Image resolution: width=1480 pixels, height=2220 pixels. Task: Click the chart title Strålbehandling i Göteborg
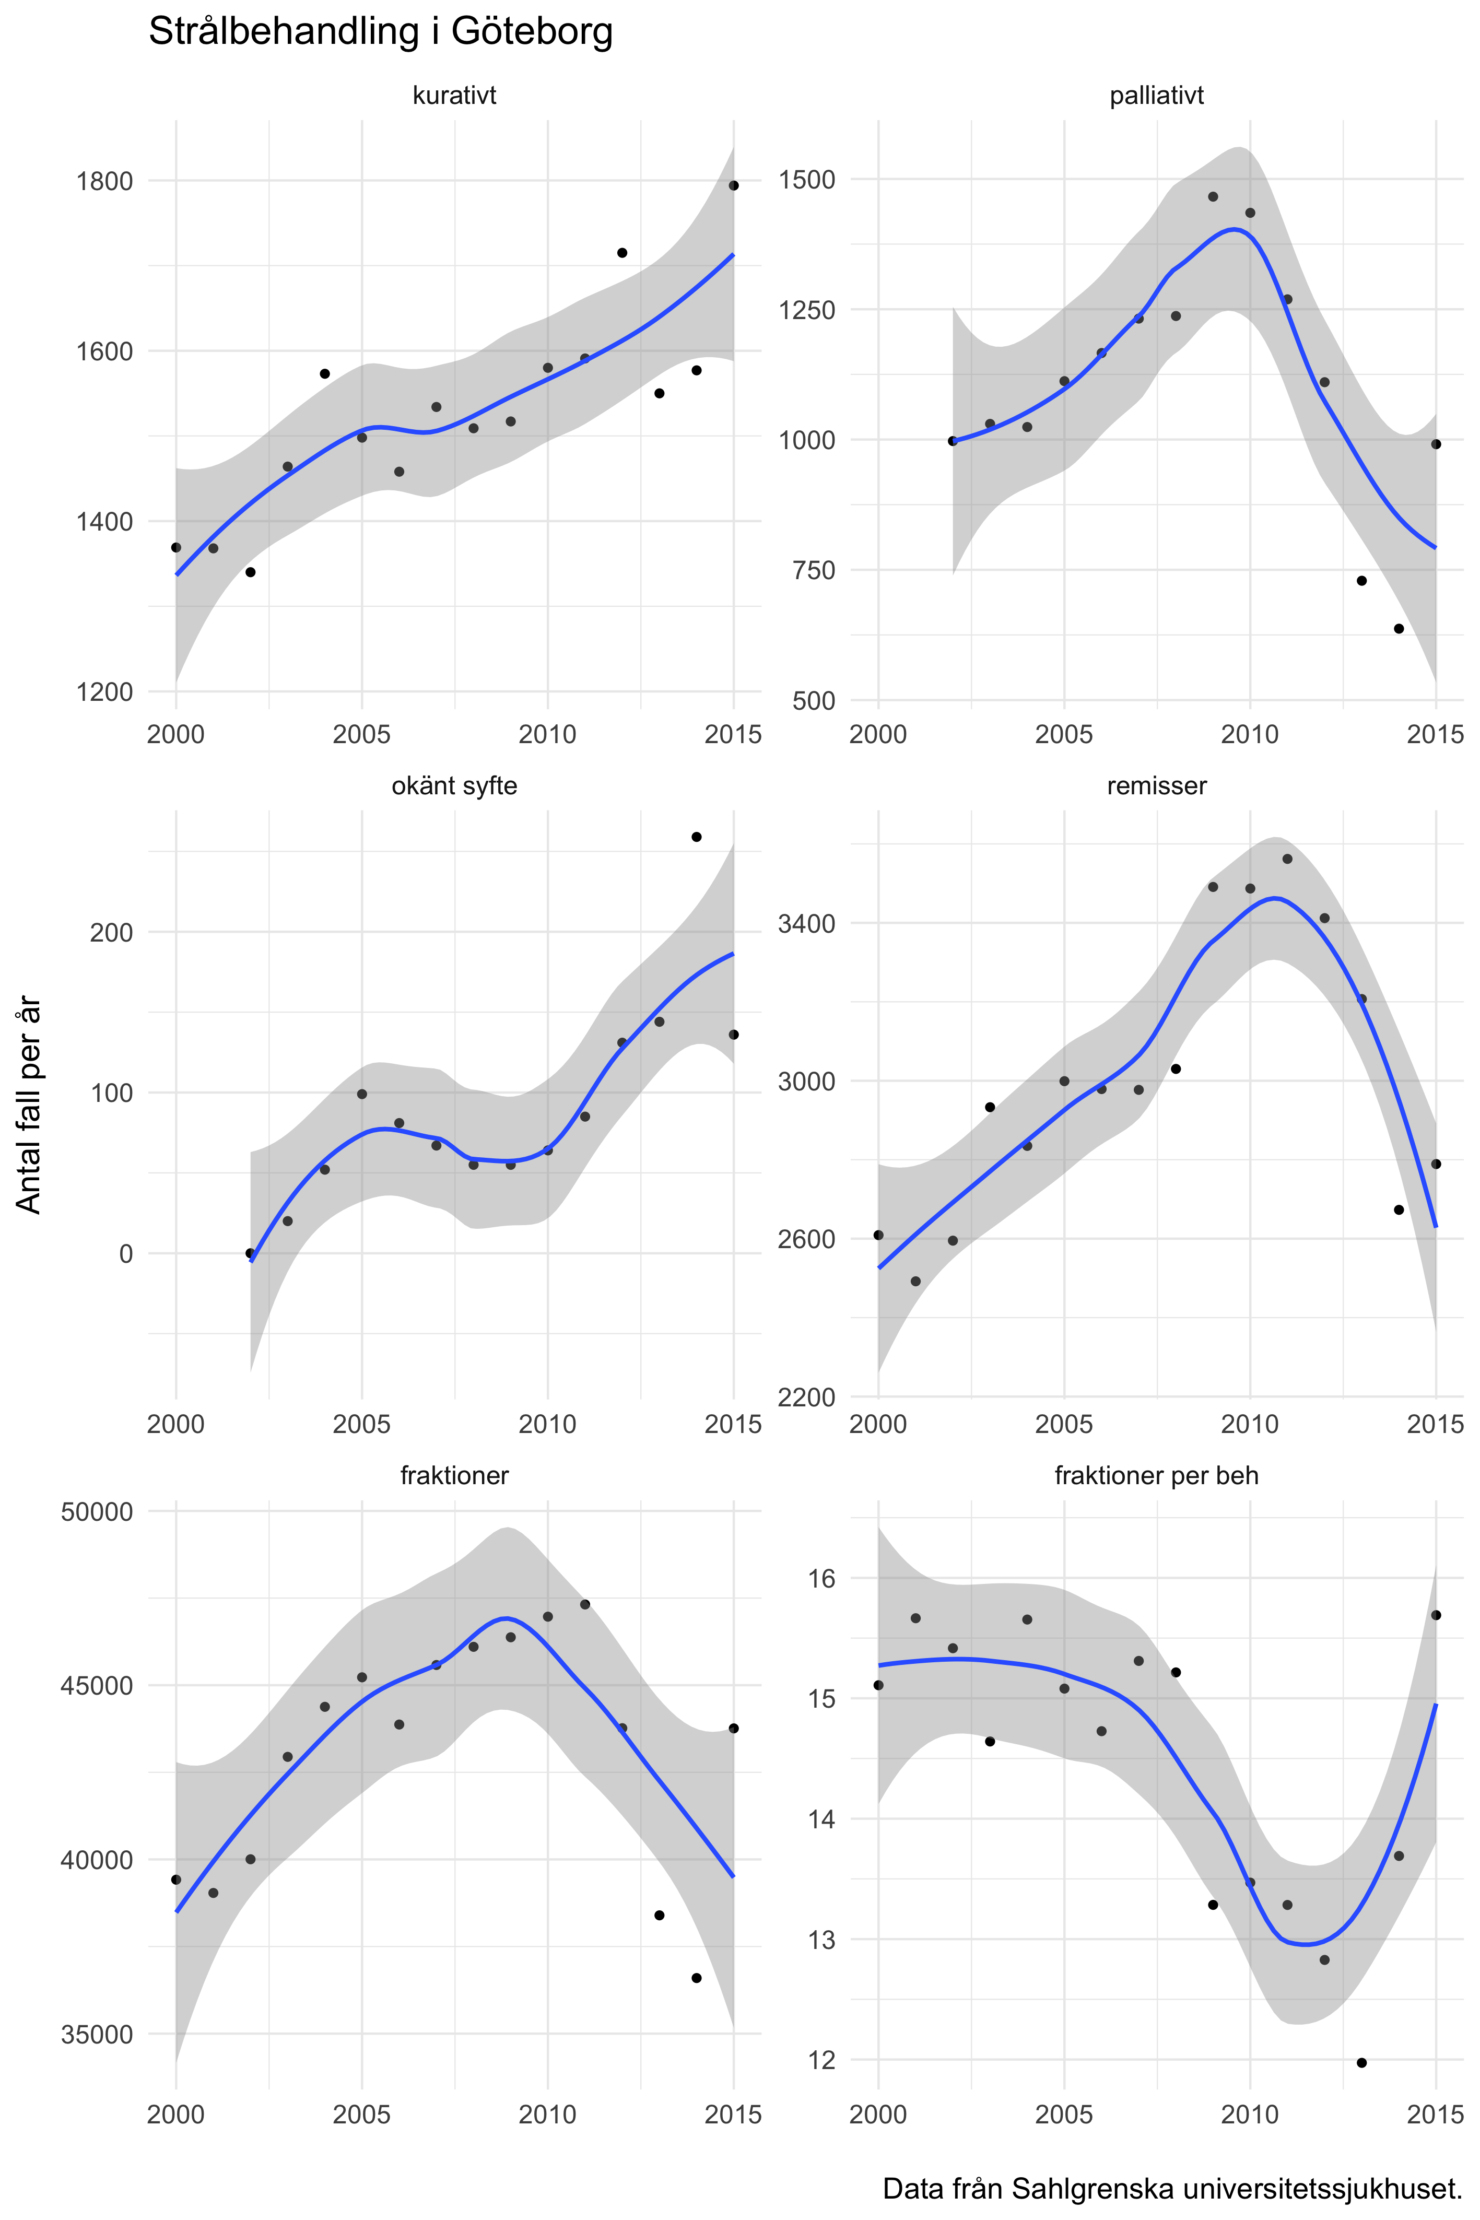point(380,32)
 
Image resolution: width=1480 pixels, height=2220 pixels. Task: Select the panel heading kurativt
point(454,96)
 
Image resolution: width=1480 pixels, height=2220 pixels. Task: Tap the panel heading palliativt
point(1156,96)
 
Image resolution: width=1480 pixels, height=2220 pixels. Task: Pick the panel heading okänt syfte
point(454,785)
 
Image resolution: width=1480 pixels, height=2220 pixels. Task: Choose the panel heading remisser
point(1156,785)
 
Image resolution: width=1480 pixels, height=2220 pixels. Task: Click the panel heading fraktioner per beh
point(1156,1475)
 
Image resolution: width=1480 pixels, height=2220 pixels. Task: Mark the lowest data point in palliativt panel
point(1399,629)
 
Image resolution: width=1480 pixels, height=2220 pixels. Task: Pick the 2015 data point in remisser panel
point(1436,1164)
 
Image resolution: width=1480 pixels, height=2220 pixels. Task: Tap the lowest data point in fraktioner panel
point(697,1977)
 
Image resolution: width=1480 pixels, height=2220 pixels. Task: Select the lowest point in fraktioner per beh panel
point(1361,2062)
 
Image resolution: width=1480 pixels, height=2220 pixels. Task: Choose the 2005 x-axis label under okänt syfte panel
point(361,1424)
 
